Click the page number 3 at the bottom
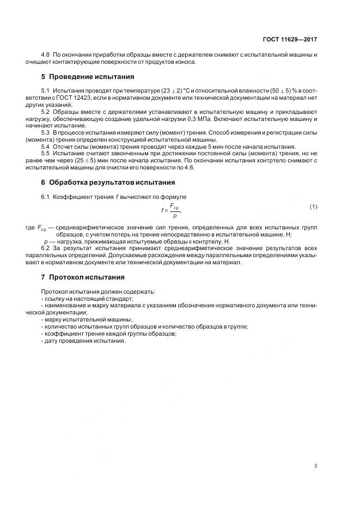(315, 465)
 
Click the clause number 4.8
(46, 56)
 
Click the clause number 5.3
(46, 132)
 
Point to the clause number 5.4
(46, 147)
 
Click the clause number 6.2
(46, 247)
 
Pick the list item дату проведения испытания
(83, 341)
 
